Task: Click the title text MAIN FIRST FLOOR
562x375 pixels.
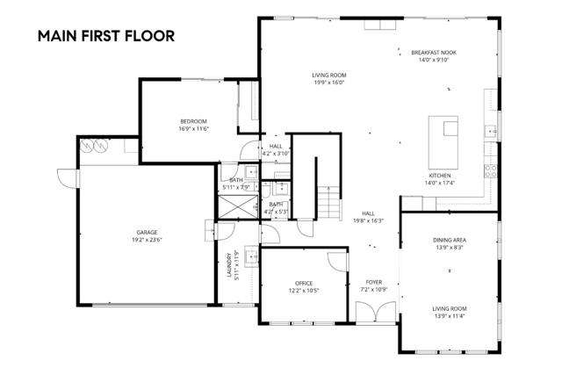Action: point(105,36)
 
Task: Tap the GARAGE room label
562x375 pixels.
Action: point(147,233)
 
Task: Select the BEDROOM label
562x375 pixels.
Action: point(193,120)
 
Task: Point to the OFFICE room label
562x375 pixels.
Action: point(304,283)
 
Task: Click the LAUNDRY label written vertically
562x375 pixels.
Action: point(227,266)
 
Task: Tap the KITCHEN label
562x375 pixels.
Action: point(439,175)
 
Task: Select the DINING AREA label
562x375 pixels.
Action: point(449,240)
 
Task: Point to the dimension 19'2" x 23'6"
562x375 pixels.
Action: point(147,240)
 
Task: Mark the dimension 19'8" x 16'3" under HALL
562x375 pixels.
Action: point(369,221)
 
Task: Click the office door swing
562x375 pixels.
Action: point(336,261)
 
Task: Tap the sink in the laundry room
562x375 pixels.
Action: point(251,257)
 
